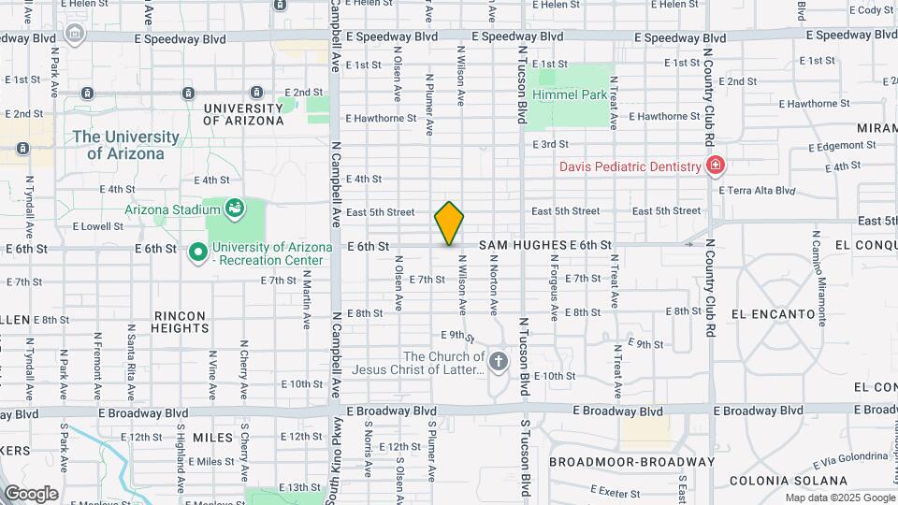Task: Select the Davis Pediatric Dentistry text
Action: (630, 166)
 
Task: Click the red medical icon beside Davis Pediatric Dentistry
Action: (717, 166)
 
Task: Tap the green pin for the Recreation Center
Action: (197, 252)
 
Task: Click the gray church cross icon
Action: (500, 362)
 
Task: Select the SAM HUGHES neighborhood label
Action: (523, 245)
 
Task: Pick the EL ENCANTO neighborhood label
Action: (774, 314)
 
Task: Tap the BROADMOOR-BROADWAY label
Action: (631, 462)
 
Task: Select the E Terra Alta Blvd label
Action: (757, 190)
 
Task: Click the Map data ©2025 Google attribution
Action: (839, 498)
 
